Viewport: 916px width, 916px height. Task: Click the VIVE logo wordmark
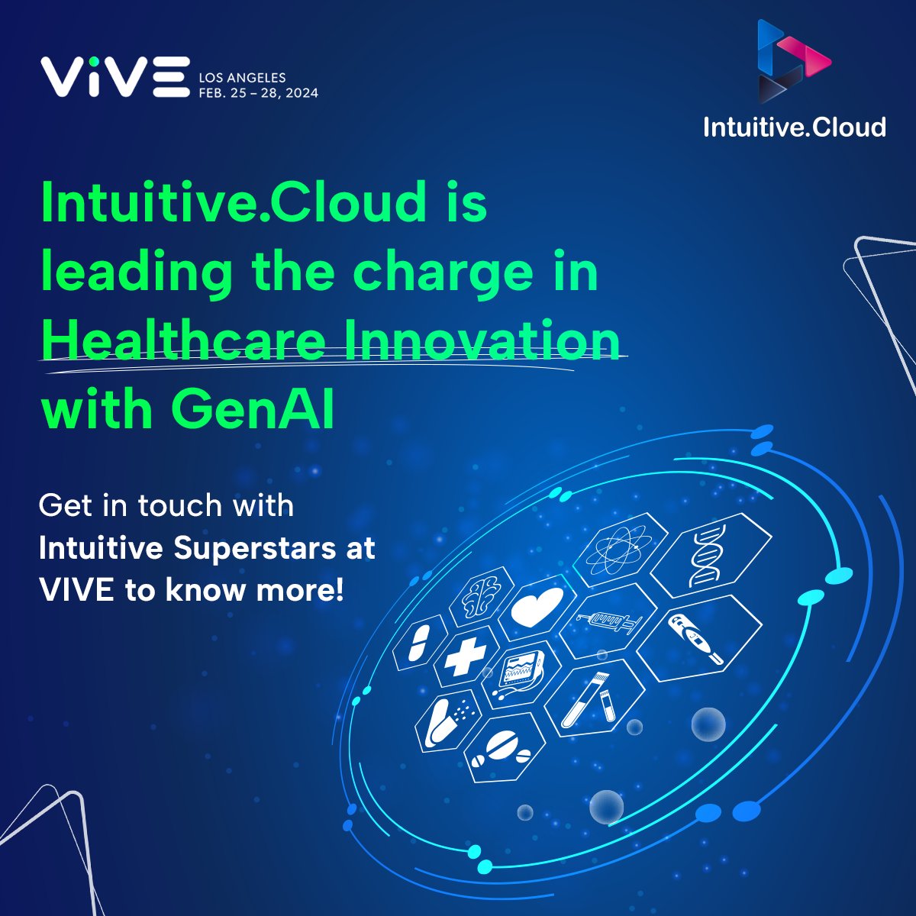click(114, 76)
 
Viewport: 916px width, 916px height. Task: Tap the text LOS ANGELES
click(242, 78)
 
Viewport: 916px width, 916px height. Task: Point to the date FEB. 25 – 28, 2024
click(258, 93)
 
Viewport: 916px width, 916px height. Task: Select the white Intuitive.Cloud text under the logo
click(795, 127)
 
